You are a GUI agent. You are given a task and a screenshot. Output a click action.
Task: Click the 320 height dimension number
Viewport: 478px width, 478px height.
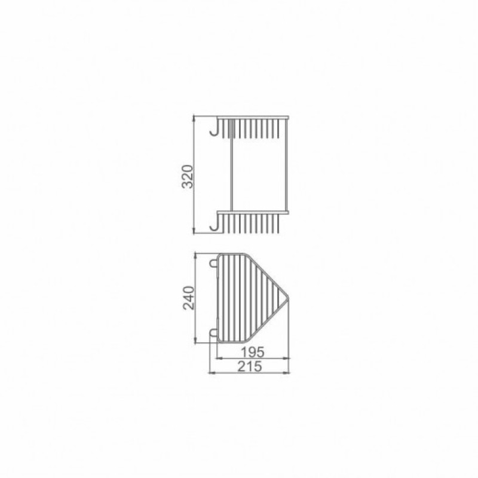pyautogui.click(x=186, y=176)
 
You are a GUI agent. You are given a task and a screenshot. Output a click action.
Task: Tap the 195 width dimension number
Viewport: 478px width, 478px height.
pyautogui.click(x=253, y=352)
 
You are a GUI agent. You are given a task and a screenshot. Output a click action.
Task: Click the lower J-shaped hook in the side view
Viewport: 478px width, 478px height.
pyautogui.click(x=213, y=224)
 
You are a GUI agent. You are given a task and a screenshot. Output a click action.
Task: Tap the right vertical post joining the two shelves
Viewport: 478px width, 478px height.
pyautogui.click(x=289, y=164)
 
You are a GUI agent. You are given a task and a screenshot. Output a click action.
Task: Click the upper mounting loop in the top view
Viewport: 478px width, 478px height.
pyautogui.click(x=212, y=262)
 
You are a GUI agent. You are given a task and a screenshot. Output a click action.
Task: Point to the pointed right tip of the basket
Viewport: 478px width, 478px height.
pyautogui.click(x=290, y=298)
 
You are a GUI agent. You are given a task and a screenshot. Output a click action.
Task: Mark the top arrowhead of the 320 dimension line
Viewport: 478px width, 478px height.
pyautogui.click(x=195, y=118)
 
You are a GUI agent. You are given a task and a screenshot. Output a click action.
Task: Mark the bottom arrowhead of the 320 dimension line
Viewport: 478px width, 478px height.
pyautogui.click(x=195, y=230)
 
